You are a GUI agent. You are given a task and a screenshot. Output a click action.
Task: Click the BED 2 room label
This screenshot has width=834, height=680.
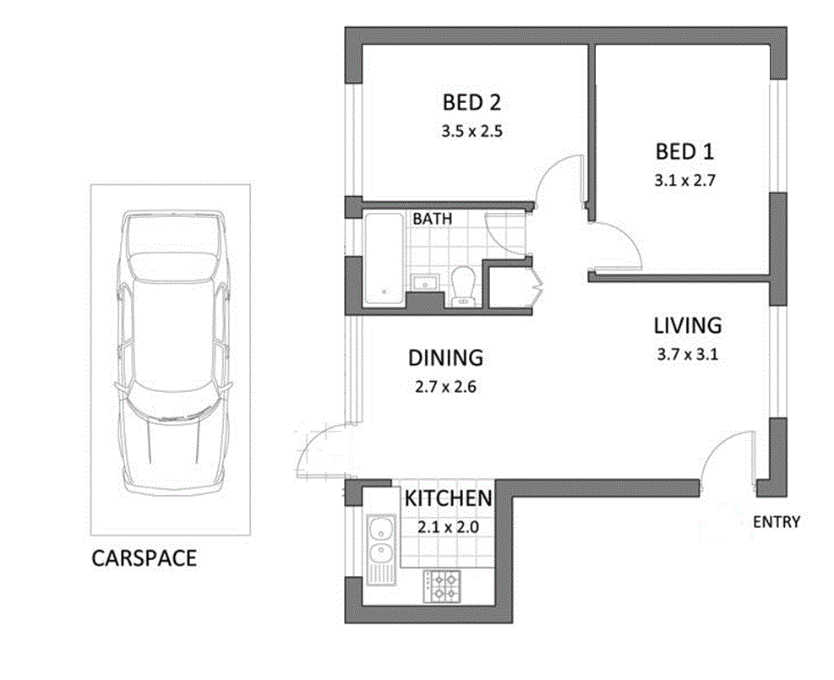472,103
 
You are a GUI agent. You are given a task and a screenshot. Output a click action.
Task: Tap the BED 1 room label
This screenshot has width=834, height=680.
684,152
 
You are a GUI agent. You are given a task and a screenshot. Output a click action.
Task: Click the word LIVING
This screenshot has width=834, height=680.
688,325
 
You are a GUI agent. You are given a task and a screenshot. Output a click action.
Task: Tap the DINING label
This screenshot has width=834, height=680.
445,358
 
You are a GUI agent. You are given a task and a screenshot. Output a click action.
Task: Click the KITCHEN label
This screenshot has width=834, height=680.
448,498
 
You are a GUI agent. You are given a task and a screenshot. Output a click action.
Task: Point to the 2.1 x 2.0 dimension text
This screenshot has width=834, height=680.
448,526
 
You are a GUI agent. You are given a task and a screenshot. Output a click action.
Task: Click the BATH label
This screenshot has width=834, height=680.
432,219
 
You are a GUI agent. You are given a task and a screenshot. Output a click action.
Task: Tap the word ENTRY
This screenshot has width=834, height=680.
776,522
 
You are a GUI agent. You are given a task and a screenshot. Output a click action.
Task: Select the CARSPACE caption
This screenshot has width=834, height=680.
144,558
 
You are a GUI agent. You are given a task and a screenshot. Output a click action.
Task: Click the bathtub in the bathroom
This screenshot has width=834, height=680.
384,258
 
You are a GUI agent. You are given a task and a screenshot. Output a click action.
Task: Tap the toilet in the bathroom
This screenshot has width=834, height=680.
462,286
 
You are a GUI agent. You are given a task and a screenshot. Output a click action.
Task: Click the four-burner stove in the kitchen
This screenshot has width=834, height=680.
442,586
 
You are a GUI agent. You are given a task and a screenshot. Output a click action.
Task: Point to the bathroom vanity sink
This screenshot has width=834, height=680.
423,281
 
